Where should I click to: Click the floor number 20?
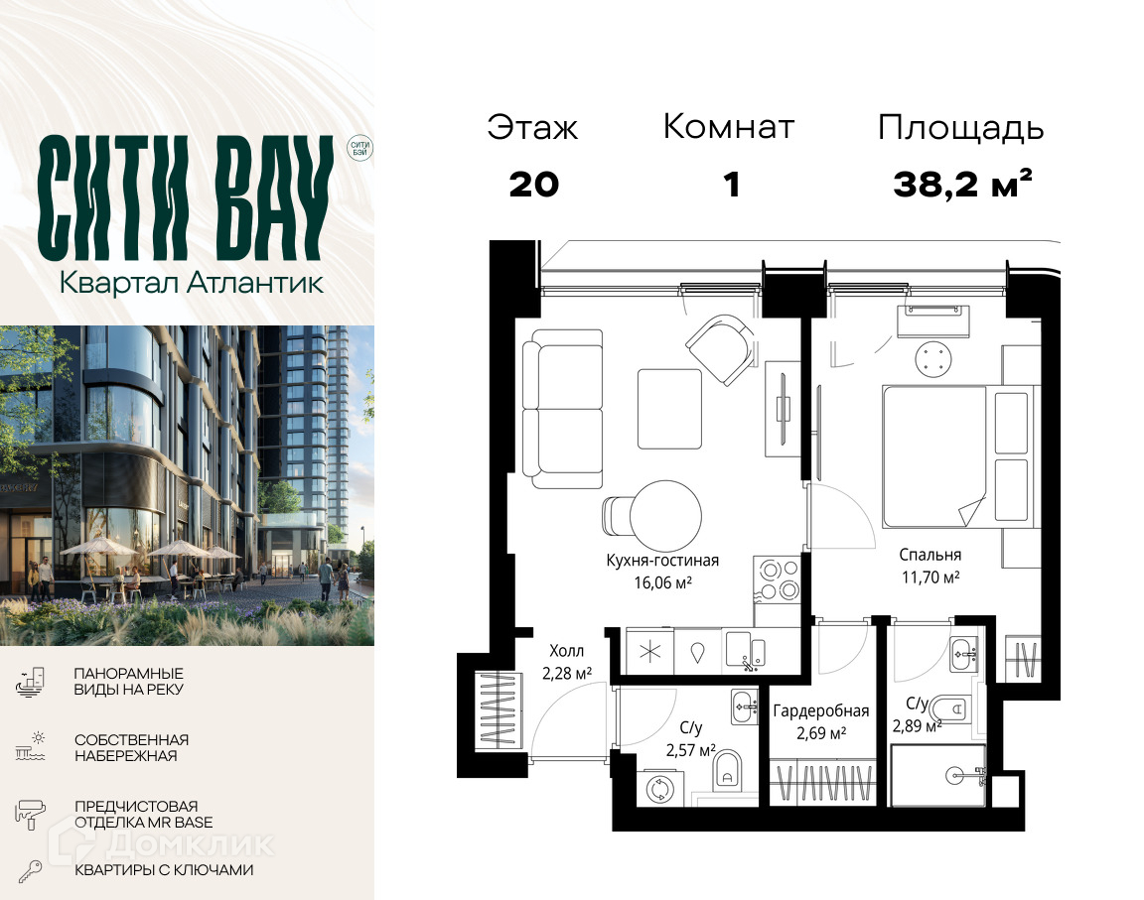(x=534, y=185)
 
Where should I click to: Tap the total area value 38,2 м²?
(x=962, y=184)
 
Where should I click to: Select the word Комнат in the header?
(x=728, y=127)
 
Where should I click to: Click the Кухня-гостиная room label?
(x=662, y=561)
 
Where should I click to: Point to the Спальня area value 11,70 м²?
(x=930, y=578)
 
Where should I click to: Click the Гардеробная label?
(x=821, y=711)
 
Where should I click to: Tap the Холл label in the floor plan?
(x=566, y=651)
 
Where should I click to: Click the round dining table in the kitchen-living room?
(x=665, y=515)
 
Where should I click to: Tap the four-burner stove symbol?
(x=778, y=579)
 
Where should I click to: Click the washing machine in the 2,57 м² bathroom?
(x=662, y=789)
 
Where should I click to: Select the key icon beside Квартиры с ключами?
(x=30, y=871)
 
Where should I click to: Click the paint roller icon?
(x=30, y=814)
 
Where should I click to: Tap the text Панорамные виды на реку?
(x=128, y=682)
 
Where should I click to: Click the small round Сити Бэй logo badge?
(x=359, y=149)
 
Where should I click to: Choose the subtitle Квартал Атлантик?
(x=191, y=283)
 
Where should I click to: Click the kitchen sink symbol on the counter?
(x=745, y=649)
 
